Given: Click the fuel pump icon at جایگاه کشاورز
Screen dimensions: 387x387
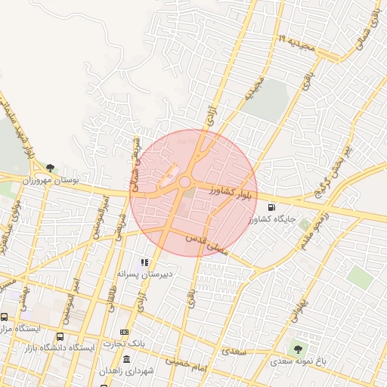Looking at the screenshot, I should [x=271, y=206].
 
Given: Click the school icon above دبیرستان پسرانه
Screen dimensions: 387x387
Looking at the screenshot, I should [x=144, y=262].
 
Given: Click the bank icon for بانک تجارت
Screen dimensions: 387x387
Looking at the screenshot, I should [x=124, y=332].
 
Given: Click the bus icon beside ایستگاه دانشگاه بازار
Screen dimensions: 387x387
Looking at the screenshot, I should [x=60, y=336].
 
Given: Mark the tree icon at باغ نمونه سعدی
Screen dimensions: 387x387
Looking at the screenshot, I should [x=300, y=349].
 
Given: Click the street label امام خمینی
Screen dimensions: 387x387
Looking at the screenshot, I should [x=186, y=363].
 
